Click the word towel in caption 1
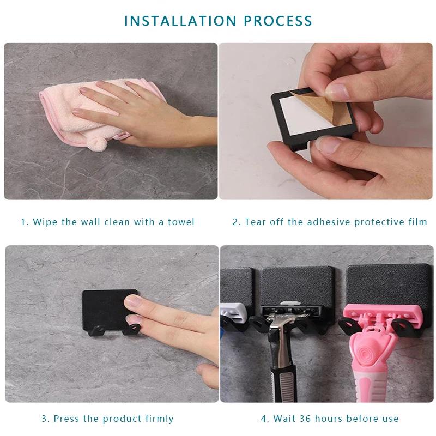[181, 222]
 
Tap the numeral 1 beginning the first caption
[23, 222]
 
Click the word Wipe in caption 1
[45, 222]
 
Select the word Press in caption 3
[66, 419]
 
